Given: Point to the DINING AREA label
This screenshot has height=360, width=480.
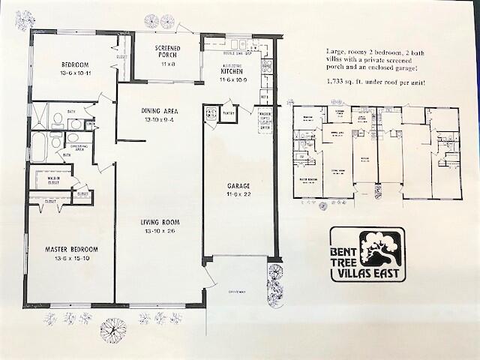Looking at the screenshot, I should click(x=160, y=112).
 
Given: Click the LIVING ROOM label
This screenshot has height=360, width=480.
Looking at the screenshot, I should click(x=159, y=222).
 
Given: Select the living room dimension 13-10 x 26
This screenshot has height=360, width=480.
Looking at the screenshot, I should click(x=159, y=230).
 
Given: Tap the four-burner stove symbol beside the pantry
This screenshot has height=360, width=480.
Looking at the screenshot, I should click(x=211, y=114).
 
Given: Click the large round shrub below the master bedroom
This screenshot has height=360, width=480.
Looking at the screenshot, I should click(x=114, y=328).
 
